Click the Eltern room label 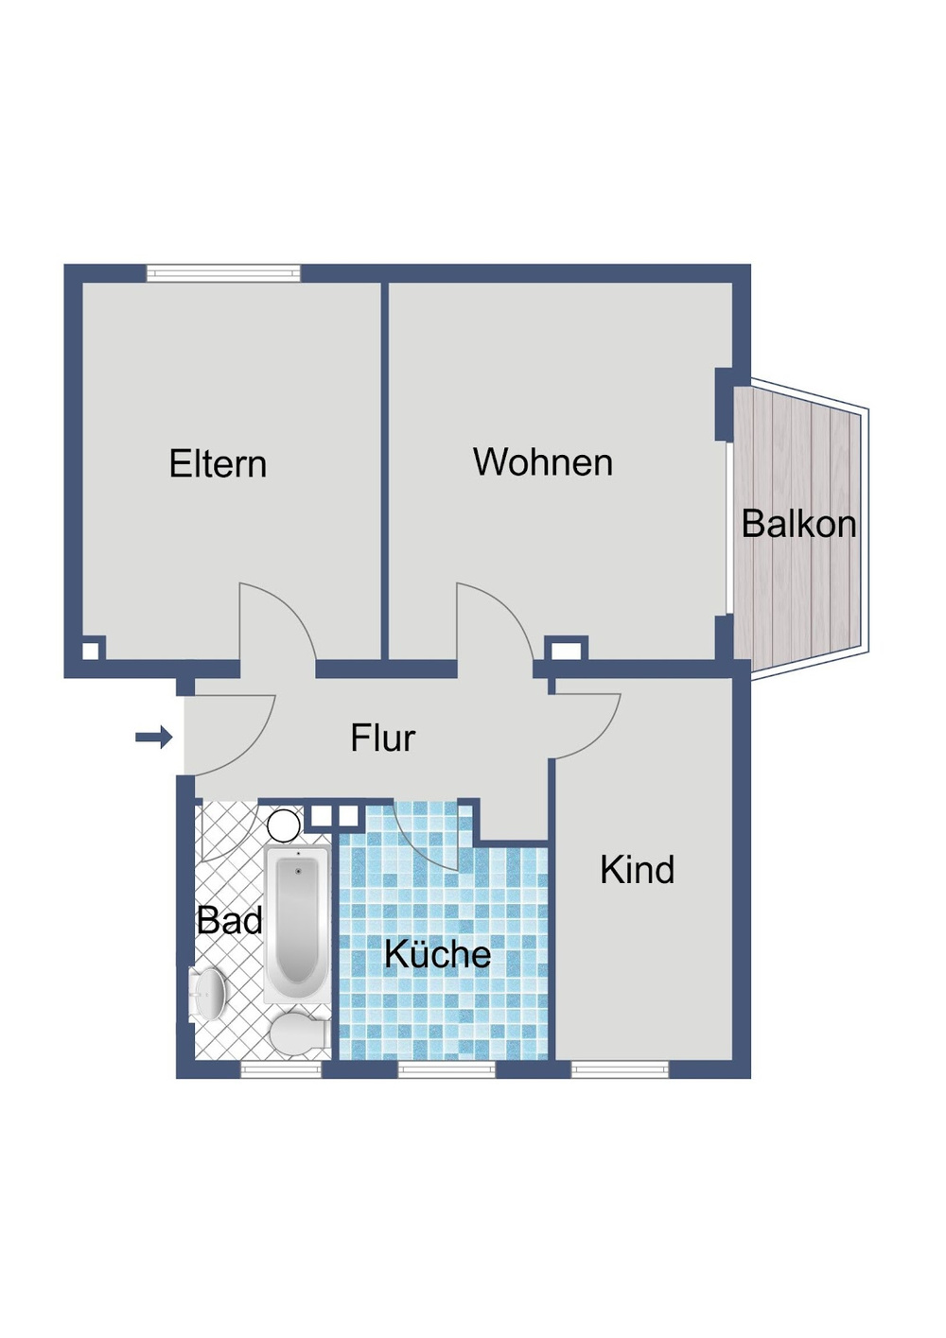[x=218, y=463]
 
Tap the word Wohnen [x=543, y=461]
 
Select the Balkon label [x=799, y=524]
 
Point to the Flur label [x=382, y=738]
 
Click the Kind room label [x=638, y=870]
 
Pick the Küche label [x=437, y=953]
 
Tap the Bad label [x=230, y=920]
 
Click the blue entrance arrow [x=154, y=738]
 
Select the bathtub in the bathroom [x=297, y=924]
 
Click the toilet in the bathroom [x=299, y=1034]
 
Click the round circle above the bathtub [x=283, y=826]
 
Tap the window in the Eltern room [x=223, y=273]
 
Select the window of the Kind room [x=620, y=1069]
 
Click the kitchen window [x=447, y=1069]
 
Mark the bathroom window [x=281, y=1069]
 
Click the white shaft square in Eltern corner [x=90, y=651]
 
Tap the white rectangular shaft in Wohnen [x=566, y=651]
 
